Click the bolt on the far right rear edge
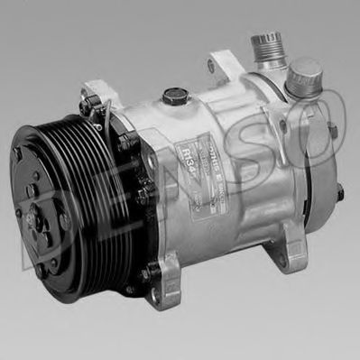[x=340, y=191]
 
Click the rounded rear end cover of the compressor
[x=307, y=180]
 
